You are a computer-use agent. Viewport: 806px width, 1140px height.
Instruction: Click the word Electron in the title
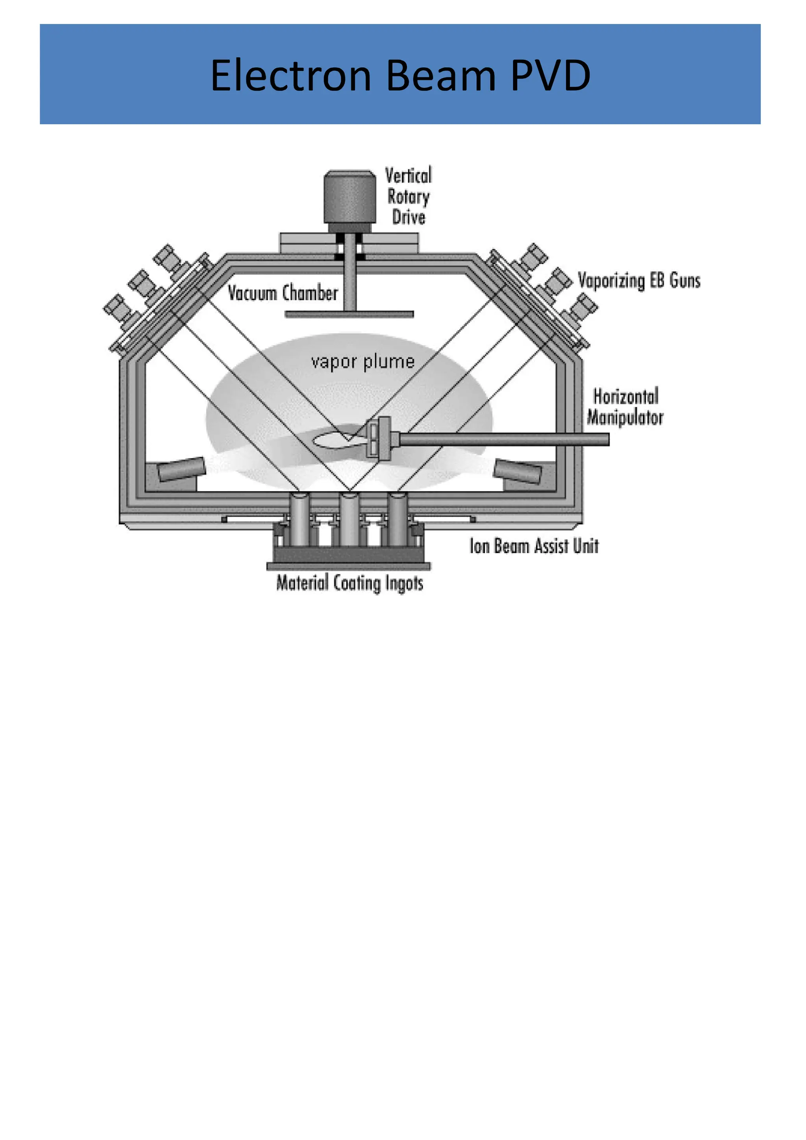click(290, 76)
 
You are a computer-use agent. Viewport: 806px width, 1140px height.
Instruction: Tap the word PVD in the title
click(550, 76)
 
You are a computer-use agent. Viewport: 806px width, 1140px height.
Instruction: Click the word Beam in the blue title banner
click(441, 76)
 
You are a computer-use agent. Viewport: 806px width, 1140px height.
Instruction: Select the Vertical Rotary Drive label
click(408, 196)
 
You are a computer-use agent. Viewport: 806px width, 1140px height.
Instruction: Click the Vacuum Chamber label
click(283, 293)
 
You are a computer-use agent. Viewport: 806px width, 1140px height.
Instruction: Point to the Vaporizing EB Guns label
click(639, 281)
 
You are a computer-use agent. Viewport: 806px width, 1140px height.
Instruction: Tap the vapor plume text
click(362, 362)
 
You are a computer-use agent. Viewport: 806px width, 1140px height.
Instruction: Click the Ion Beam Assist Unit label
click(534, 546)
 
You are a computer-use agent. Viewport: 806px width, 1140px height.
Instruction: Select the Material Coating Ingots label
click(349, 583)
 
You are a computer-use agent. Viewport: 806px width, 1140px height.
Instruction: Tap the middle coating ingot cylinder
click(349, 519)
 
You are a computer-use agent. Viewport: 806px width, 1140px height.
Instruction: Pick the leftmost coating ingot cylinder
click(300, 519)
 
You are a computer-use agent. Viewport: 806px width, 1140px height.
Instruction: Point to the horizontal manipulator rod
click(501, 439)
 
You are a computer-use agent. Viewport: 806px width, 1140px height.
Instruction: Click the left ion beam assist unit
click(181, 469)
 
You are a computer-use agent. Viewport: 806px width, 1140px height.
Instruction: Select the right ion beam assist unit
click(518, 471)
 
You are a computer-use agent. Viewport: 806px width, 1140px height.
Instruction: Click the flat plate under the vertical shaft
click(349, 314)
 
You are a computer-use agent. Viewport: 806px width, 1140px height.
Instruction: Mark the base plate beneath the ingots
click(349, 566)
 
